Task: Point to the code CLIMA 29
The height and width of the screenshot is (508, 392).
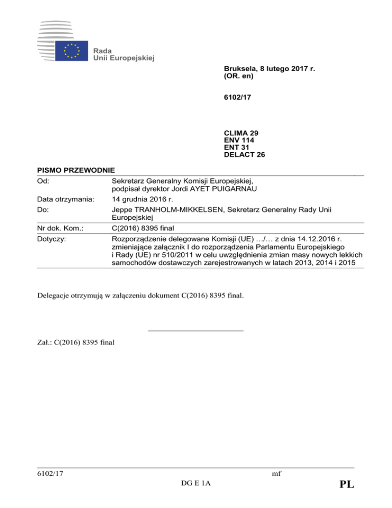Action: pos(241,133)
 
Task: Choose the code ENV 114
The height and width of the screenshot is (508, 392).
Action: pos(239,140)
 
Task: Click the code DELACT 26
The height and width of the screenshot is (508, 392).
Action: pos(244,154)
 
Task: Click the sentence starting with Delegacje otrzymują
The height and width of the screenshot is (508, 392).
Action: pos(141,294)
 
